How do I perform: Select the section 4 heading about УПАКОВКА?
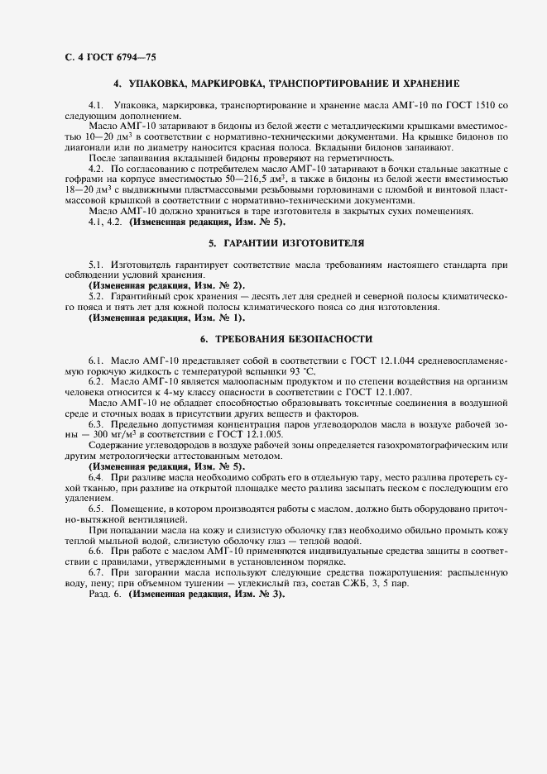286,84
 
